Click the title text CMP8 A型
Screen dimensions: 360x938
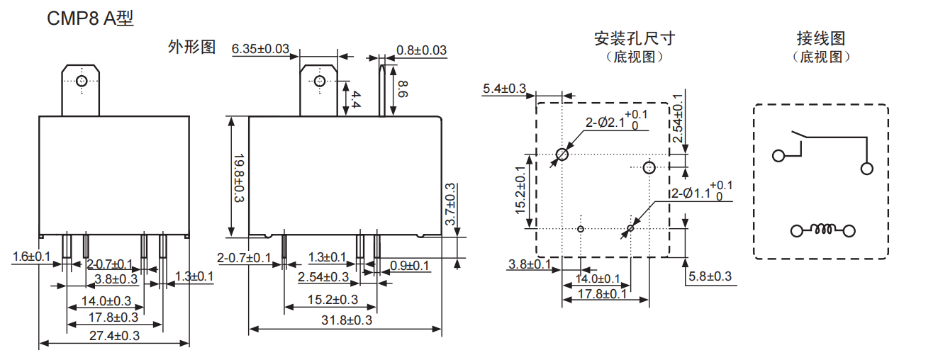(90, 19)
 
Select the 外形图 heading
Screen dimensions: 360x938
(191, 47)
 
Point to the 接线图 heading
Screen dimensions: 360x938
(821, 38)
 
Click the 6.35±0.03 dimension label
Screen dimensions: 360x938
(261, 49)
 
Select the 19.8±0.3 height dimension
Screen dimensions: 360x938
(238, 177)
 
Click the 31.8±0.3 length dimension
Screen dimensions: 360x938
(347, 320)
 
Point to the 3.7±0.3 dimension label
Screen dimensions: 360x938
(451, 205)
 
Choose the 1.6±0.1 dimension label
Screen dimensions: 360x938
(32, 256)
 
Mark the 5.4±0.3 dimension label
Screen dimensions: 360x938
(504, 89)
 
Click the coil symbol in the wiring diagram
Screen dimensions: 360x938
(822, 230)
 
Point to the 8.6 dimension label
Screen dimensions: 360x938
(403, 89)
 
